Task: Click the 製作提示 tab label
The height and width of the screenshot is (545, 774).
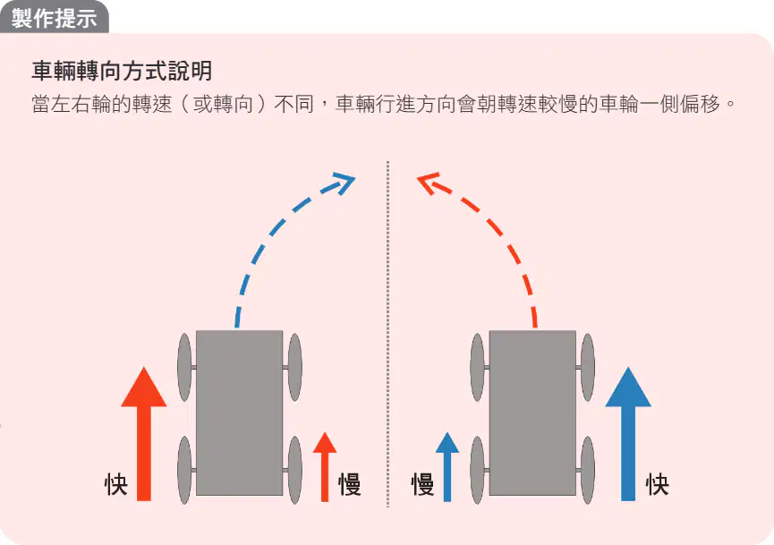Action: point(54,19)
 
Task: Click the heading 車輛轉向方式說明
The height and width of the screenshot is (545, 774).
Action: point(122,71)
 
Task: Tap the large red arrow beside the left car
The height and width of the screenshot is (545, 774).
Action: point(144,433)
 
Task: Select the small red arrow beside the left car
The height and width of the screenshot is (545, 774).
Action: point(325,466)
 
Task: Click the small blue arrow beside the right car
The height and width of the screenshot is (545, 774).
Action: point(447,466)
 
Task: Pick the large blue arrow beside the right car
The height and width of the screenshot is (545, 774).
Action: point(628,433)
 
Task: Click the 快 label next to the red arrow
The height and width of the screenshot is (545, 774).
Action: point(116,484)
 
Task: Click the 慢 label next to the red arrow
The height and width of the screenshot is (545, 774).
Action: point(350,484)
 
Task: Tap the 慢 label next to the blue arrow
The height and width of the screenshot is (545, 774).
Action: point(423,484)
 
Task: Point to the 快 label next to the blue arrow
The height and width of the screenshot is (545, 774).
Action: point(658,484)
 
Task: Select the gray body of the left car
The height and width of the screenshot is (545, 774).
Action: point(240,413)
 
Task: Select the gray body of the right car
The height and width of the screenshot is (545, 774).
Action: point(532,413)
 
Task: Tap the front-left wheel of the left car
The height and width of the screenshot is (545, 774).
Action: point(184,367)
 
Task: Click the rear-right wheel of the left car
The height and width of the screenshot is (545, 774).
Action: point(294,470)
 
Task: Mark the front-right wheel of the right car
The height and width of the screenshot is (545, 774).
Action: point(588,367)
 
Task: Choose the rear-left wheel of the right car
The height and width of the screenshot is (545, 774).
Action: point(477,470)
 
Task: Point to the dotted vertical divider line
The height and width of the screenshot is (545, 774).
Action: point(388,334)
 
